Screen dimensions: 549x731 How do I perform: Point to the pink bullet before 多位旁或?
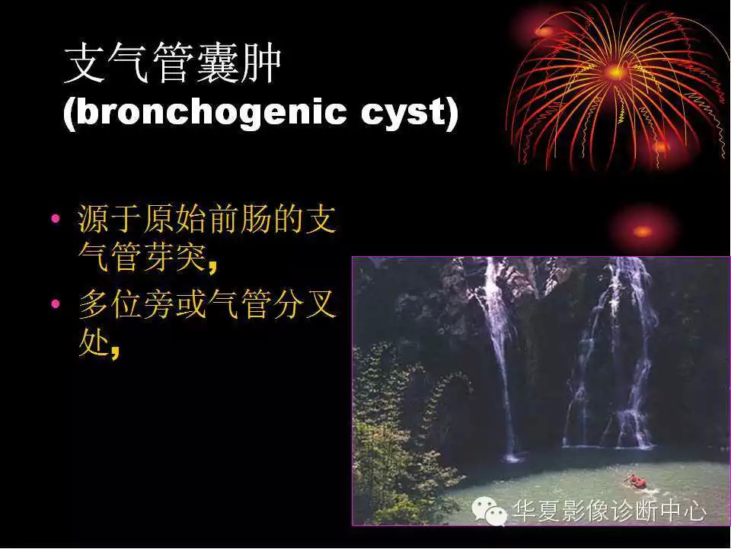click(x=55, y=305)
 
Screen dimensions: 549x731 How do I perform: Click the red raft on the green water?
click(x=637, y=481)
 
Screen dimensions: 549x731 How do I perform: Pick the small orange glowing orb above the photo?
click(x=643, y=230)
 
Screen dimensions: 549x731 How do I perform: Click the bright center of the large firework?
click(x=615, y=72)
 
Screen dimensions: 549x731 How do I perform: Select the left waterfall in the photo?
click(x=499, y=351)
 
